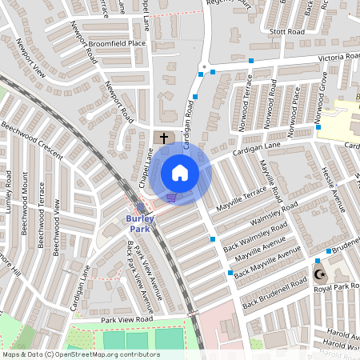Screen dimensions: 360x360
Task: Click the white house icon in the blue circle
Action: coord(180,173)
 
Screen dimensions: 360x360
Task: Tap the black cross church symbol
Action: coord(164,138)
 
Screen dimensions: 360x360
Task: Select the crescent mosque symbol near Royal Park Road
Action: coord(322,274)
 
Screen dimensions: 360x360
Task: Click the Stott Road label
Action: coord(288,33)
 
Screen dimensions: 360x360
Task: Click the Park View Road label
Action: coord(126,319)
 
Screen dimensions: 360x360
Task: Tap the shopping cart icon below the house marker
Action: coord(170,197)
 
